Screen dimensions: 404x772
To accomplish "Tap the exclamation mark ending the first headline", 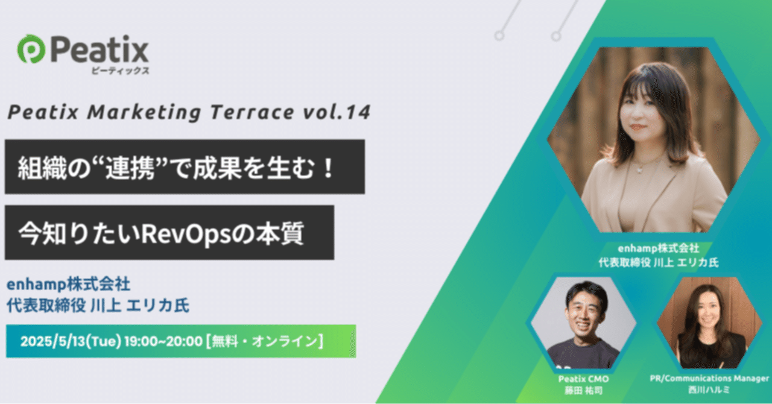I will tap(328, 167).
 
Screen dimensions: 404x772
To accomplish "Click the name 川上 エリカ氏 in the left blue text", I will tap(139, 306).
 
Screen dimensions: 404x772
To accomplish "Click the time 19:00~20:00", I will tap(163, 341).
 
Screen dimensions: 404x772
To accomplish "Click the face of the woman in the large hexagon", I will tap(642, 115).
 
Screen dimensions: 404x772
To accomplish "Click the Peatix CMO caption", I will tap(582, 379).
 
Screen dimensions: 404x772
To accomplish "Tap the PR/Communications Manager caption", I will tap(709, 379).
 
